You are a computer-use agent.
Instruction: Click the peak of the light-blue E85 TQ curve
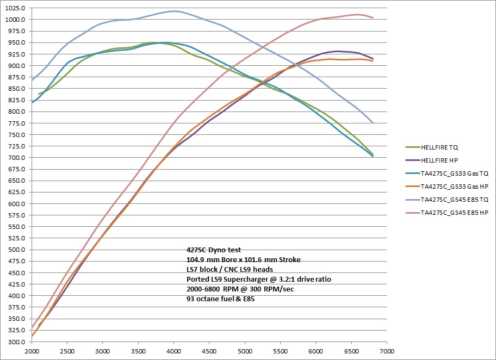click(x=173, y=11)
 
